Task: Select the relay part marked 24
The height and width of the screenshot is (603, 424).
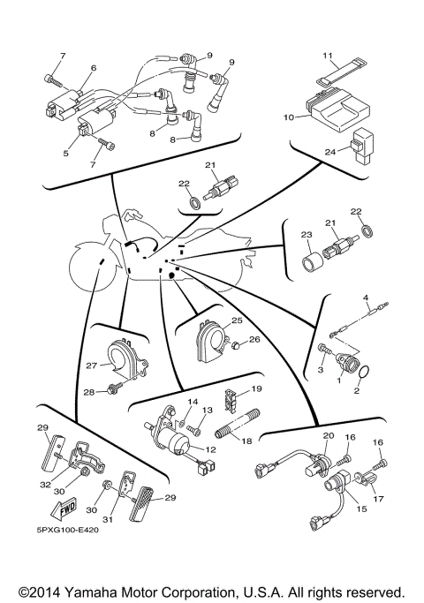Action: point(363,142)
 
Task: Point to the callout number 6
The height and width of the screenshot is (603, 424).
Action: point(93,68)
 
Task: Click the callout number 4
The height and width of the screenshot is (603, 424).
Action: point(365,299)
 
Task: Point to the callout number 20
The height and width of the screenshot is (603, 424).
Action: point(328,436)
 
